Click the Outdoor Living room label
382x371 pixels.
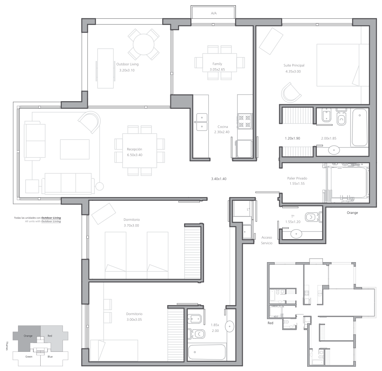(127, 64)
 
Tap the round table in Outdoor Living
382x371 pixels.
(143, 44)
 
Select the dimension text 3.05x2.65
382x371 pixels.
(217, 69)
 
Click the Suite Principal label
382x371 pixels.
(294, 65)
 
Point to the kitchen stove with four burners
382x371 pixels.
(245, 121)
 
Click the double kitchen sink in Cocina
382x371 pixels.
(202, 122)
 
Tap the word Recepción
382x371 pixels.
(134, 149)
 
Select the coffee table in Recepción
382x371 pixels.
(75, 149)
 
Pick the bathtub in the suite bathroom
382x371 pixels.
(360, 127)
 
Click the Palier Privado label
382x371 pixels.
(297, 178)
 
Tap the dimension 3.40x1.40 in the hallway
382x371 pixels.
(219, 179)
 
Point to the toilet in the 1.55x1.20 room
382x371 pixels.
(313, 217)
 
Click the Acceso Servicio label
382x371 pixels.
(267, 240)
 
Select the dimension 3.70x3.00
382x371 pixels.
(131, 225)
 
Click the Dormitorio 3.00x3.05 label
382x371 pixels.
(134, 317)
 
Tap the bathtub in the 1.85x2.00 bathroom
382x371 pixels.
(207, 352)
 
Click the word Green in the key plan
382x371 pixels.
(29, 357)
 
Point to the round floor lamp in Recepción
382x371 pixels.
(99, 186)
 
